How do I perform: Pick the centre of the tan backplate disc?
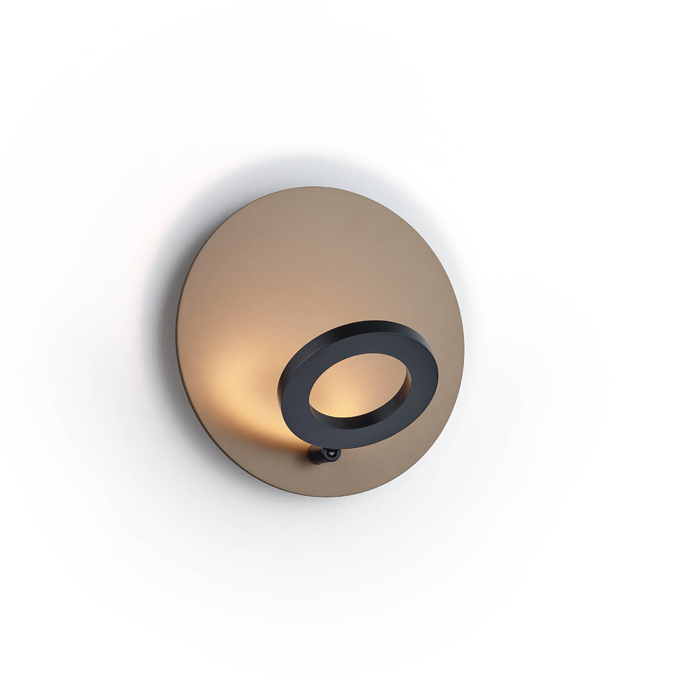(x=321, y=342)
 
